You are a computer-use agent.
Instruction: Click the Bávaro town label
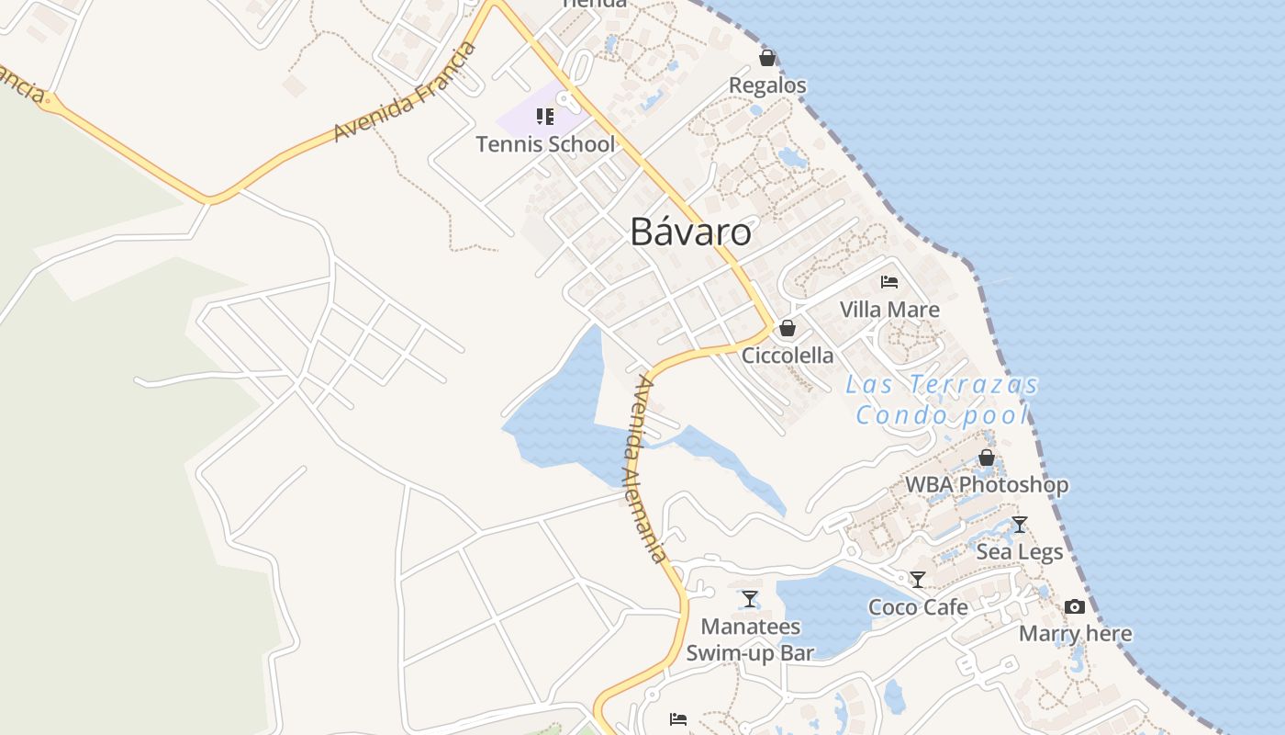click(690, 232)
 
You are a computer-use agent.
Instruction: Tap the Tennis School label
click(545, 144)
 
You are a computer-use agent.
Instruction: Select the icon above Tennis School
click(545, 117)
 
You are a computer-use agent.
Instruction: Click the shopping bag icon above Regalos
click(767, 58)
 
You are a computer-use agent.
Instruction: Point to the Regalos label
click(767, 85)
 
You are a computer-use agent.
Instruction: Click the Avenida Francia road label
click(406, 92)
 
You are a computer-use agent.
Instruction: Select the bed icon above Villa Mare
click(888, 282)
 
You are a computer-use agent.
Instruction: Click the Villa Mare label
click(889, 310)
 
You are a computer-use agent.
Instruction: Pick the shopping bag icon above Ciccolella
click(787, 328)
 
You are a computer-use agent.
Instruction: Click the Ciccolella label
click(788, 356)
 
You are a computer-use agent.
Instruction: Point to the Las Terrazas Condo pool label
click(943, 400)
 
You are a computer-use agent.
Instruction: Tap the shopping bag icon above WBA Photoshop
click(987, 458)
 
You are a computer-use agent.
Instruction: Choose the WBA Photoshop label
click(987, 485)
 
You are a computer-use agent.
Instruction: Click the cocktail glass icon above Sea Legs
click(1019, 525)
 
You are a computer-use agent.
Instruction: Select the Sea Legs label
click(1019, 552)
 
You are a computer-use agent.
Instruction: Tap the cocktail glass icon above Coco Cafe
click(917, 580)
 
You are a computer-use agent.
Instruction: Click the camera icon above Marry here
click(1075, 606)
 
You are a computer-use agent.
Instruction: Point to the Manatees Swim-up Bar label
click(750, 639)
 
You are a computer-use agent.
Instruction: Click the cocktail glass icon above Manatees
click(750, 599)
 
